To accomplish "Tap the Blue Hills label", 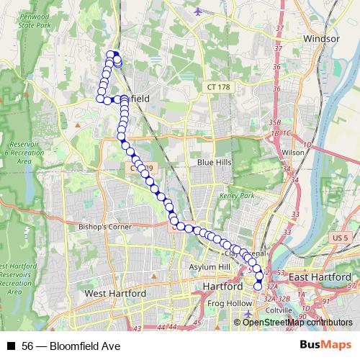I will tap(215, 163).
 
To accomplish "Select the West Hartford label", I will tap(115, 294).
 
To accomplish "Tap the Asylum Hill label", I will tap(209, 267).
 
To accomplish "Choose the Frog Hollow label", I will tap(227, 304).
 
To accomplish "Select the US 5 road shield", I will tap(341, 237).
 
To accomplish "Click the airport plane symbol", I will tap(199, 12).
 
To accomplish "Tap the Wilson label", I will tap(293, 153).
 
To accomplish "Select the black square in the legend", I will tap(11, 346).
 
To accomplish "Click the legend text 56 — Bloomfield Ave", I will tap(70, 346).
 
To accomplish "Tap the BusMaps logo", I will tap(327, 346).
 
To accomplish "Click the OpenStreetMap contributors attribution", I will tap(297, 322).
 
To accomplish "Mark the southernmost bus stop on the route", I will tap(258, 287).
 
